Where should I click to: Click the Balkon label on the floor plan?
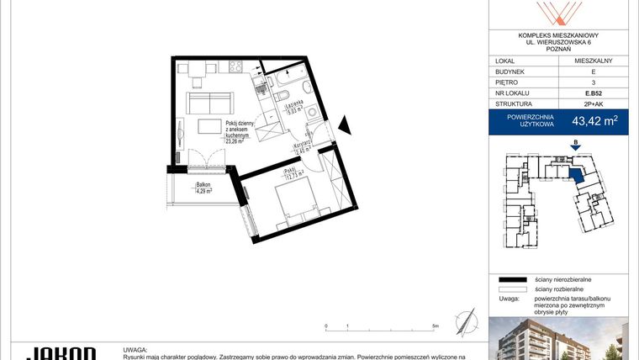[x=203, y=184]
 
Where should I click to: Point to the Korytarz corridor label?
[x=304, y=145]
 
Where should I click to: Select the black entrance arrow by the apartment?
[x=344, y=128]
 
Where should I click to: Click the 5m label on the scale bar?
[x=435, y=326]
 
